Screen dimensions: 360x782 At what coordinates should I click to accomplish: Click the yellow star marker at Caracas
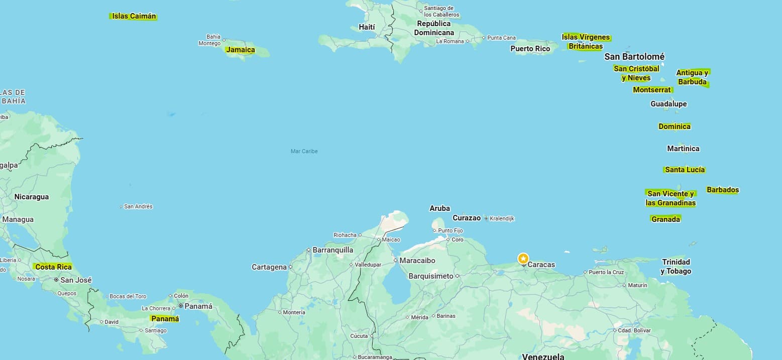pos(523,259)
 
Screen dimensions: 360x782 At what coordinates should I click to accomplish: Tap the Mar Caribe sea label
pos(304,151)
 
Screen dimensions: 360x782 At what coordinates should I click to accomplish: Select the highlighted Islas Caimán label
pos(134,16)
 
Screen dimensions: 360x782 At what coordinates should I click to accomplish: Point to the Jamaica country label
pos(240,50)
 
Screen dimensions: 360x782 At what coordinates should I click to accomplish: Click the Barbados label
pos(722,190)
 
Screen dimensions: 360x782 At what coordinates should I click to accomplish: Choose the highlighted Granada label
pos(665,219)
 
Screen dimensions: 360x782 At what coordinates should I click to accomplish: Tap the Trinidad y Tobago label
pos(676,267)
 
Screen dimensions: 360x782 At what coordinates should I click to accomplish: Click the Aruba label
pos(439,208)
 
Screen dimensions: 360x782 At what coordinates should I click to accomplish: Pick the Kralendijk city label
pos(502,218)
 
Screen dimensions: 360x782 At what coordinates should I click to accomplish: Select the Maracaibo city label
pos(417,261)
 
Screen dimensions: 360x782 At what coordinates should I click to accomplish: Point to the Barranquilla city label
pos(332,250)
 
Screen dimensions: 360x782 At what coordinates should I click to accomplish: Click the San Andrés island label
pos(138,206)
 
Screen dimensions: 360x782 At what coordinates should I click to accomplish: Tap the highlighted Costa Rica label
pos(53,267)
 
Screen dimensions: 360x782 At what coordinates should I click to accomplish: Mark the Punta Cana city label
pos(501,38)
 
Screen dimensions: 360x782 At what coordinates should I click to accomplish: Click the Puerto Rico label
pos(530,49)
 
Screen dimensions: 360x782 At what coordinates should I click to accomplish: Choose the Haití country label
pos(367,27)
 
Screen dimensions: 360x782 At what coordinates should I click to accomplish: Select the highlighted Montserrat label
pos(652,90)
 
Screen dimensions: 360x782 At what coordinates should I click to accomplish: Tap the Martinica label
pos(683,149)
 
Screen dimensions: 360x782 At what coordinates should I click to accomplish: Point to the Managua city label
pos(18,219)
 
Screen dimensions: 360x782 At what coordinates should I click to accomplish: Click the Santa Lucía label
pos(685,170)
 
